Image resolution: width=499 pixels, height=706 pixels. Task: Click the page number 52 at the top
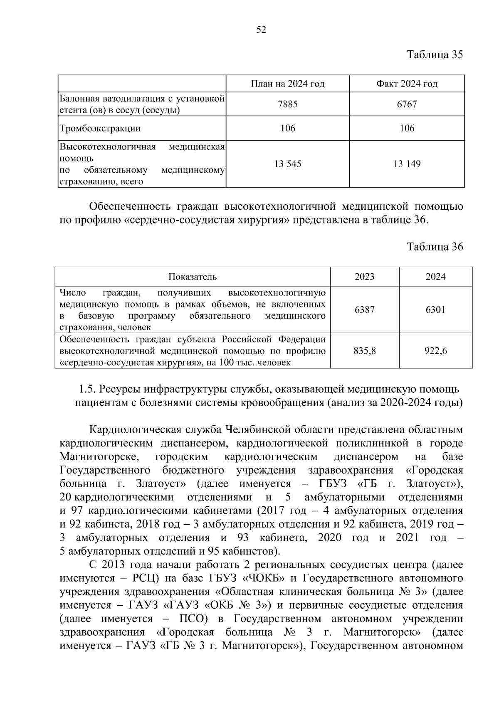pyautogui.click(x=261, y=30)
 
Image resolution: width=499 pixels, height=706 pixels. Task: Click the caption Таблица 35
pyautogui.click(x=435, y=55)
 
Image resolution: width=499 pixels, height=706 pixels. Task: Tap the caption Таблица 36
pyautogui.click(x=435, y=247)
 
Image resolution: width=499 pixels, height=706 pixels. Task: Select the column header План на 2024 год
pyautogui.click(x=287, y=84)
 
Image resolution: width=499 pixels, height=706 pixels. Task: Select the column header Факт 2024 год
pyautogui.click(x=407, y=84)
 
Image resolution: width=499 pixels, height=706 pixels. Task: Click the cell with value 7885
pyautogui.click(x=287, y=104)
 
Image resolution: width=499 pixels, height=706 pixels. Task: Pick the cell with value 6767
pyautogui.click(x=407, y=104)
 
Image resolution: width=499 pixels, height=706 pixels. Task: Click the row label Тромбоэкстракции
pyautogui.click(x=100, y=128)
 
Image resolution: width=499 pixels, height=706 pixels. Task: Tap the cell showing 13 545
pyautogui.click(x=287, y=164)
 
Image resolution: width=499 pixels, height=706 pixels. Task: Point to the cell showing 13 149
pyautogui.click(x=407, y=164)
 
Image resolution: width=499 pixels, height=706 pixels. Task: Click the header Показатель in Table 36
pyautogui.click(x=192, y=277)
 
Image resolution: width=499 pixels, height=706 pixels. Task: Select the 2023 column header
pyautogui.click(x=364, y=277)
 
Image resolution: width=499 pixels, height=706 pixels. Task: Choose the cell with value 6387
pyautogui.click(x=364, y=310)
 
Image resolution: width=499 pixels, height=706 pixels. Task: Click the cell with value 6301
pyautogui.click(x=435, y=310)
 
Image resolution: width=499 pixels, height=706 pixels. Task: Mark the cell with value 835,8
pyautogui.click(x=364, y=351)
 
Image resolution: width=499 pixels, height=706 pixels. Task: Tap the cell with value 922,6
pyautogui.click(x=435, y=351)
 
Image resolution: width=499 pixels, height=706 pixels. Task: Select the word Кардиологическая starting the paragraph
pyautogui.click(x=135, y=429)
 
